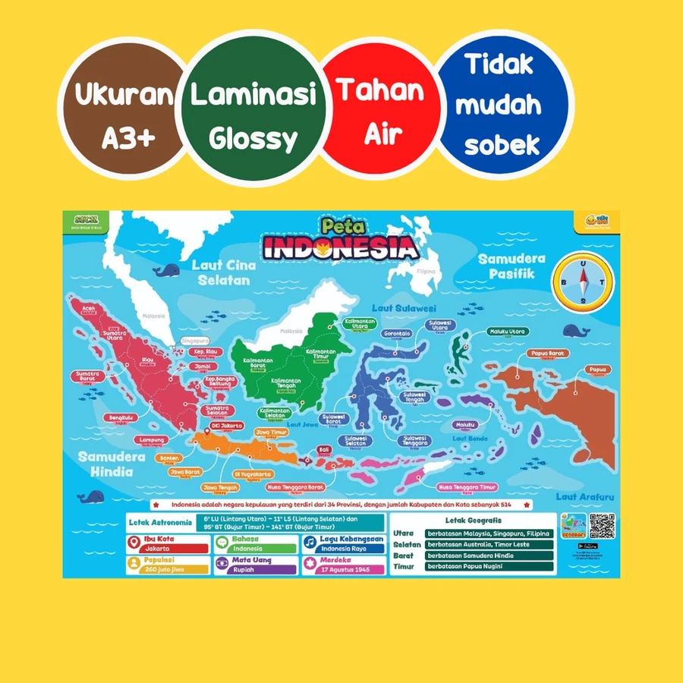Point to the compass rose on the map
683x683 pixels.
coord(583,281)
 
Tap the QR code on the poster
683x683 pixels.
coord(601,526)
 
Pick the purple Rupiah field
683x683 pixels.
coord(254,568)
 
